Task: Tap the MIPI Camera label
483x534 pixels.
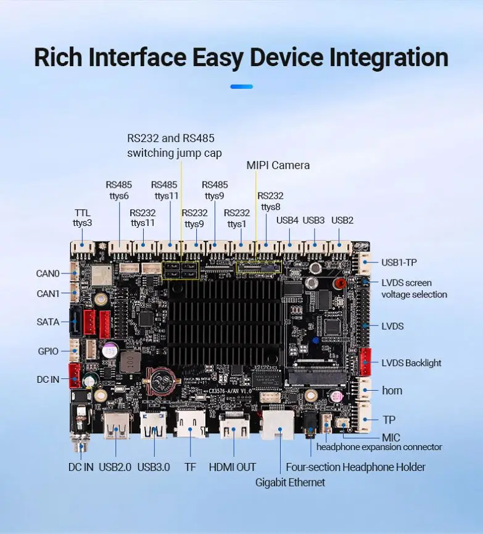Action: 278,165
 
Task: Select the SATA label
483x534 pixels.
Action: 48,322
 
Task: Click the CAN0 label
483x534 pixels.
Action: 48,273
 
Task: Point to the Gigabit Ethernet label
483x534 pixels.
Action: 290,482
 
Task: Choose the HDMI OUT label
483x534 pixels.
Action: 233,467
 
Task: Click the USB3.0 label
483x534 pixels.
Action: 154,467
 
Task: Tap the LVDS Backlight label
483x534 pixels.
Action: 411,362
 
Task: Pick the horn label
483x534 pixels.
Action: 392,390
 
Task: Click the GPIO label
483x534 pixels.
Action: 48,351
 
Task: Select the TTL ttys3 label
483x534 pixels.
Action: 83,217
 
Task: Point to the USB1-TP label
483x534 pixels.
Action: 399,262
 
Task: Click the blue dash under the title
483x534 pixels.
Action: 241,86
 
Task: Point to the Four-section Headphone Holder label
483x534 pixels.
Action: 355,467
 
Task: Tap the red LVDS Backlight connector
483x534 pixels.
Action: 365,362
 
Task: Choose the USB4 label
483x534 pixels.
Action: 287,220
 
